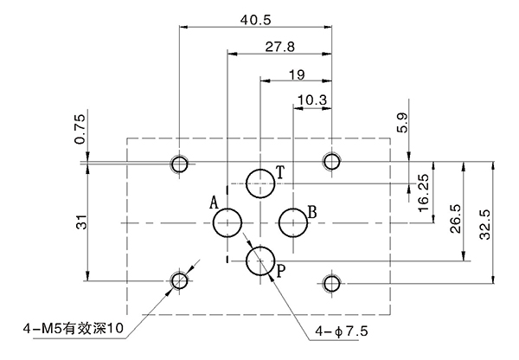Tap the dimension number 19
pyautogui.click(x=295, y=74)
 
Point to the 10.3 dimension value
pyautogui.click(x=311, y=100)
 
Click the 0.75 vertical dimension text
pyautogui.click(x=80, y=128)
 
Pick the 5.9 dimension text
pyautogui.click(x=401, y=122)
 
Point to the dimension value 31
pyautogui.click(x=80, y=222)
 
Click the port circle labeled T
pyautogui.click(x=260, y=183)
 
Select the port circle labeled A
pyautogui.click(x=227, y=223)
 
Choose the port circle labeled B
pyautogui.click(x=293, y=223)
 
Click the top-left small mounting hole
pyautogui.click(x=180, y=164)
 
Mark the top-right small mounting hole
pyautogui.click(x=331, y=161)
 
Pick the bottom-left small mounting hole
pyautogui.click(x=180, y=280)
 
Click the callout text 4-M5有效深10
pyautogui.click(x=74, y=328)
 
